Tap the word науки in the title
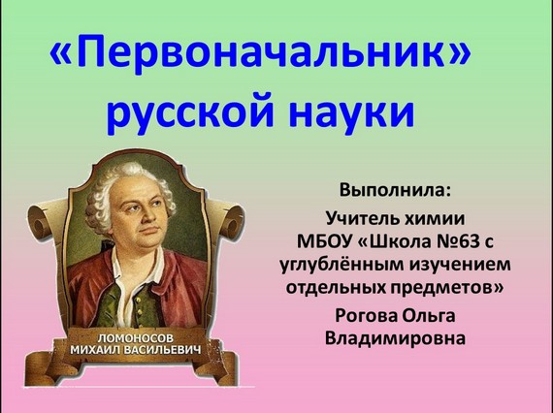[351, 110]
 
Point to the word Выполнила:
[395, 190]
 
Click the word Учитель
[361, 218]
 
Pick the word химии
[434, 219]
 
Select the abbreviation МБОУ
[324, 241]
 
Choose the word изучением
[460, 265]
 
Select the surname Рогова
[366, 315]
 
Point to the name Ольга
[429, 315]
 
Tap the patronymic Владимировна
[395, 338]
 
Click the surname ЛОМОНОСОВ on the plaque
[136, 338]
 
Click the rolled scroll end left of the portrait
[40, 219]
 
